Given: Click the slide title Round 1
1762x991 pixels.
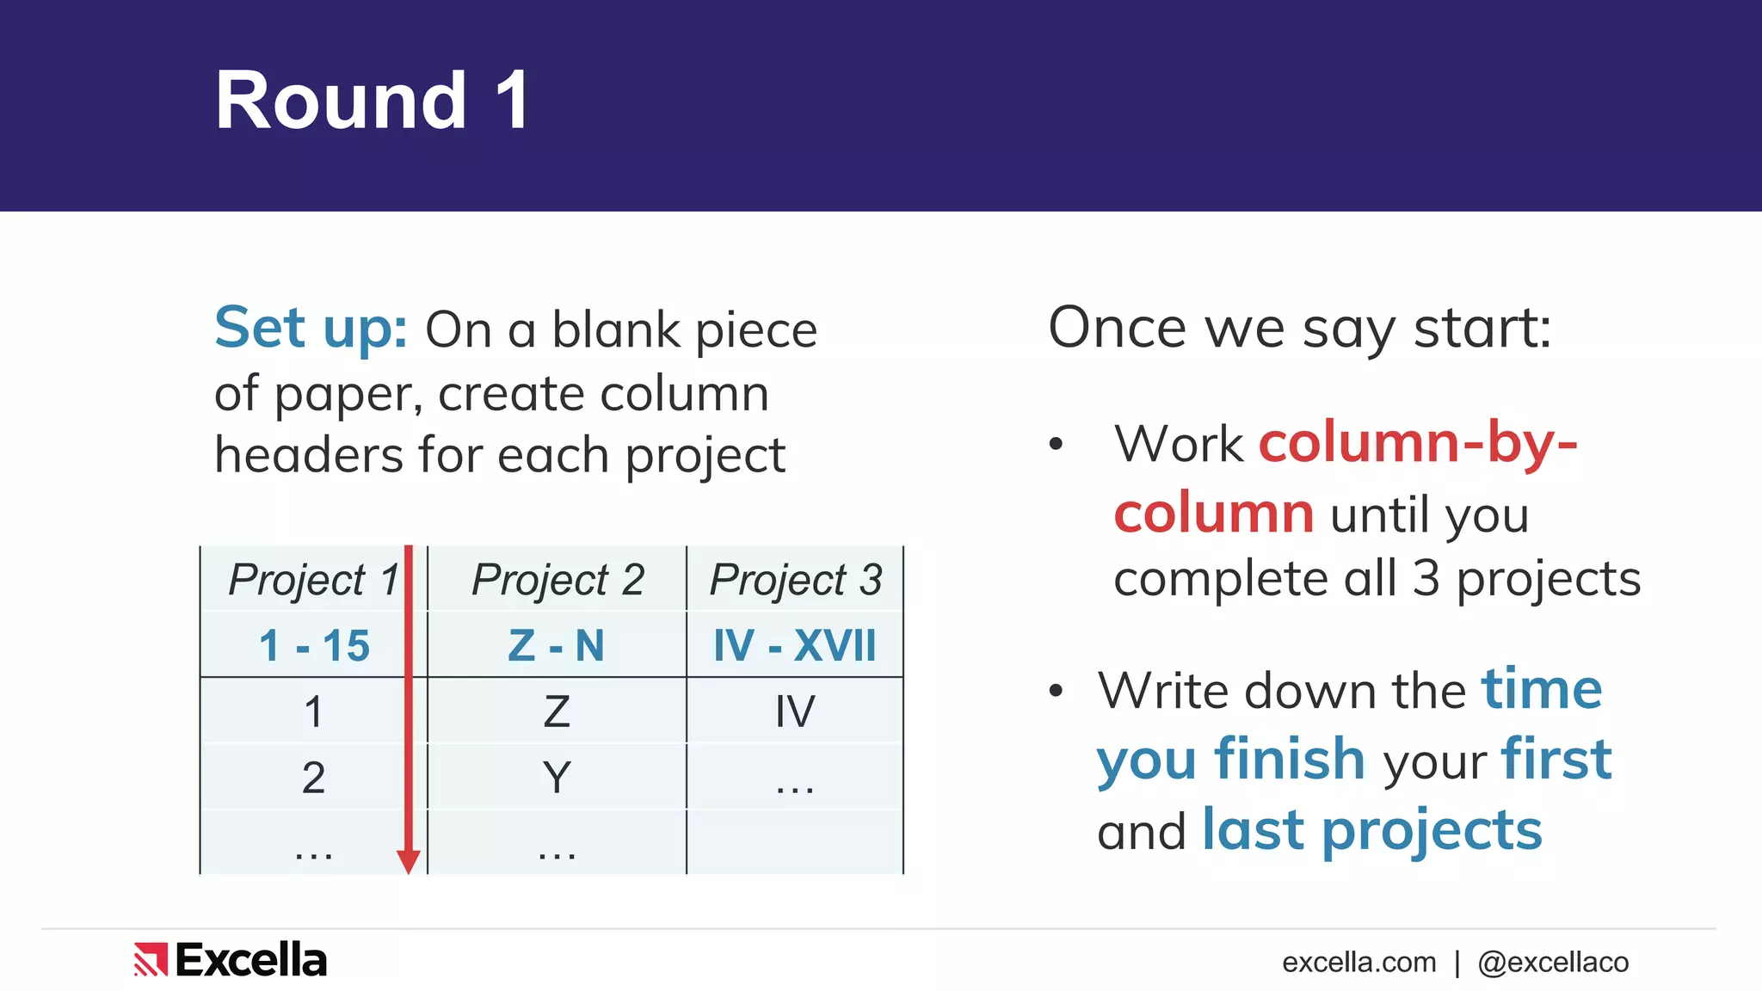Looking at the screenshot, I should point(372,101).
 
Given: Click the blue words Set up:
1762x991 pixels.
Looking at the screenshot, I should point(311,328).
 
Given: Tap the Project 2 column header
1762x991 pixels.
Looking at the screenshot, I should point(558,579).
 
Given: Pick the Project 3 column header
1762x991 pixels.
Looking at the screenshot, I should point(795,579).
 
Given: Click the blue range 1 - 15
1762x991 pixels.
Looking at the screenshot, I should point(314,645).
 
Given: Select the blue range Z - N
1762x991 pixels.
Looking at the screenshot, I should point(557,645).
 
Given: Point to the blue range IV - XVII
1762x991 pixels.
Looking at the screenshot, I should point(794,645).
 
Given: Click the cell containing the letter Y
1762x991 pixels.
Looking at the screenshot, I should point(557,778).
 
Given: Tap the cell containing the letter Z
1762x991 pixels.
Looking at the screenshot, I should point(557,711).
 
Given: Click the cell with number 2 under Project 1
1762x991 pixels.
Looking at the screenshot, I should point(313,778).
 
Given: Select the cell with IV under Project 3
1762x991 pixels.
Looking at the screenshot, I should point(794,711).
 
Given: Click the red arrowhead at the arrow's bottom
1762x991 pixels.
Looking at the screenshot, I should point(409,861).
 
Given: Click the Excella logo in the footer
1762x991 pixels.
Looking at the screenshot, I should point(231,960).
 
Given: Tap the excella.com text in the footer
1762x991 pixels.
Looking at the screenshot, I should point(1358,962).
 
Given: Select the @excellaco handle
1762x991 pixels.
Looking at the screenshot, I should point(1553,962).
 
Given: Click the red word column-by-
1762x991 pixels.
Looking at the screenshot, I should point(1418,443).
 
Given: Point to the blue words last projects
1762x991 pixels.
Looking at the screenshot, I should point(1371,830).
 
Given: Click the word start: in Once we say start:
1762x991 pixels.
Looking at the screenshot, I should point(1482,328).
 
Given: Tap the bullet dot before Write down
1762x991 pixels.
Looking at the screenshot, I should point(1057,691).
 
